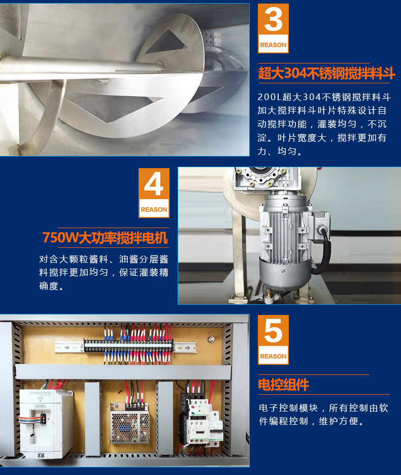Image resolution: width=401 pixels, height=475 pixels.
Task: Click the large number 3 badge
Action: click(x=273, y=28)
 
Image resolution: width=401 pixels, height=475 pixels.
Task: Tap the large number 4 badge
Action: click(x=154, y=193)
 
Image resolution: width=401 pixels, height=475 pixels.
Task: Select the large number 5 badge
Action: click(x=273, y=339)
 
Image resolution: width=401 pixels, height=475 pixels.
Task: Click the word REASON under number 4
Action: click(x=154, y=209)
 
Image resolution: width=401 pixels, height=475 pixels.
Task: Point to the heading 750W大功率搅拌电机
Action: click(x=105, y=237)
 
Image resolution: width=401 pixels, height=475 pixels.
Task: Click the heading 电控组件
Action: click(x=284, y=385)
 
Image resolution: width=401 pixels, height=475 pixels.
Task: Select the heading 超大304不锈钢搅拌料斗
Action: click(x=326, y=73)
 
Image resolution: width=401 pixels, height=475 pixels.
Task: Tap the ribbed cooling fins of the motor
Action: click(x=284, y=227)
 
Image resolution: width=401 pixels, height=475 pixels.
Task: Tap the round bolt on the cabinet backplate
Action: click(x=211, y=339)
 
